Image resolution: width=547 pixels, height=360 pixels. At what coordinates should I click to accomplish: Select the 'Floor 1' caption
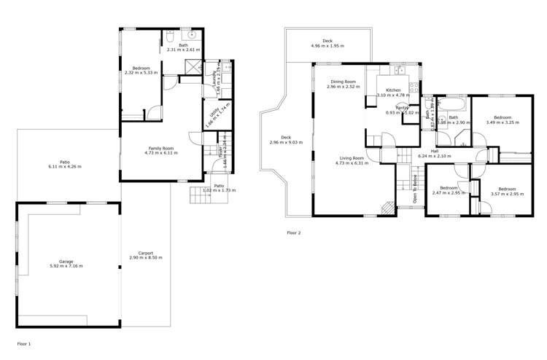point(24,343)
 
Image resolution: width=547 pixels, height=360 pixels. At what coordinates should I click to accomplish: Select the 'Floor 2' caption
point(294,233)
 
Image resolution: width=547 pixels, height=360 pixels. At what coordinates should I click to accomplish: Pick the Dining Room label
point(343,84)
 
